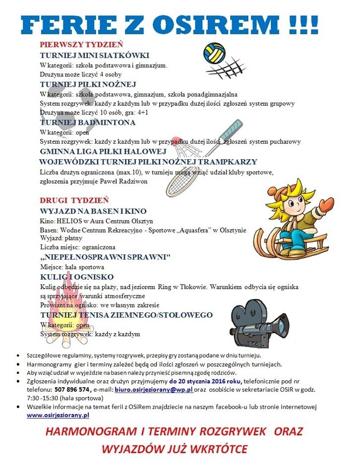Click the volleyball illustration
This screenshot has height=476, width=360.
(x=215, y=52)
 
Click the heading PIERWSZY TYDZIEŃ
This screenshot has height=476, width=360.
(x=81, y=44)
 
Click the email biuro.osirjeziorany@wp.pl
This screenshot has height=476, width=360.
(x=153, y=390)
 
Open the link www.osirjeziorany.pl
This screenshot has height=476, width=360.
(x=58, y=415)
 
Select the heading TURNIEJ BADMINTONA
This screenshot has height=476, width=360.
(x=88, y=122)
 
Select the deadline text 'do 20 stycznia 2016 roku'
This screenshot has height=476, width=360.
(x=205, y=381)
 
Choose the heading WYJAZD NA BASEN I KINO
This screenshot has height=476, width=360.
(x=93, y=211)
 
